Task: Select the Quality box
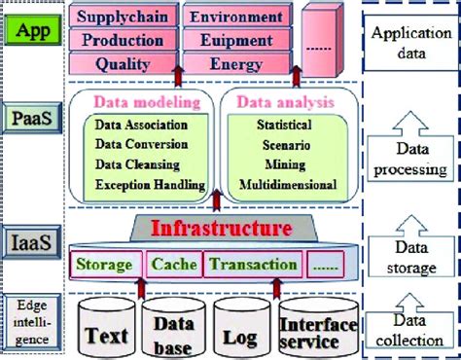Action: (123, 64)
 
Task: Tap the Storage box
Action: (104, 264)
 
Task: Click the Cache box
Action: (174, 264)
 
